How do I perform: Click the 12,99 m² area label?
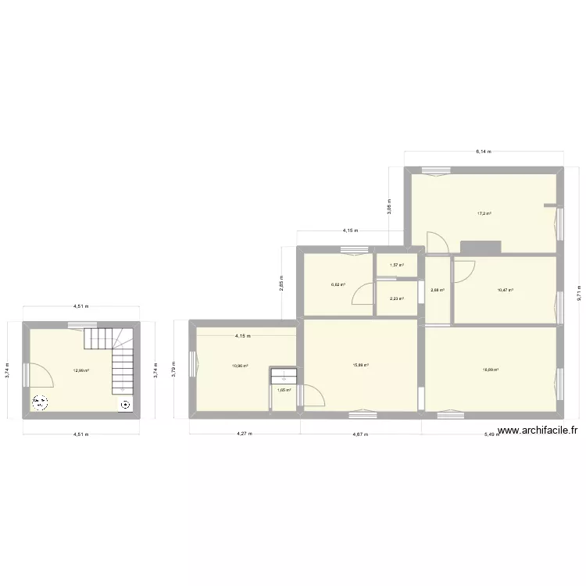(80, 370)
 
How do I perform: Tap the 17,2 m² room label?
(484, 213)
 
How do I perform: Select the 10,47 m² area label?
(506, 290)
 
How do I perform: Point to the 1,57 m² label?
(397, 265)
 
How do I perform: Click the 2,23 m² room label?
(397, 298)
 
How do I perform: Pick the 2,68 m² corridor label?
(438, 290)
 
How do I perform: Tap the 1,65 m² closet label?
(284, 390)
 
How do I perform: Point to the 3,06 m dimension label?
(389, 206)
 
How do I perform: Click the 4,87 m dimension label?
(360, 434)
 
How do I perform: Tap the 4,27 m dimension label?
(244, 434)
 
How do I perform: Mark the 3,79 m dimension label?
(175, 367)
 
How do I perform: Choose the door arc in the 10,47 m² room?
(466, 270)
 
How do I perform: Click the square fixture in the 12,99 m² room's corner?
(126, 405)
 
